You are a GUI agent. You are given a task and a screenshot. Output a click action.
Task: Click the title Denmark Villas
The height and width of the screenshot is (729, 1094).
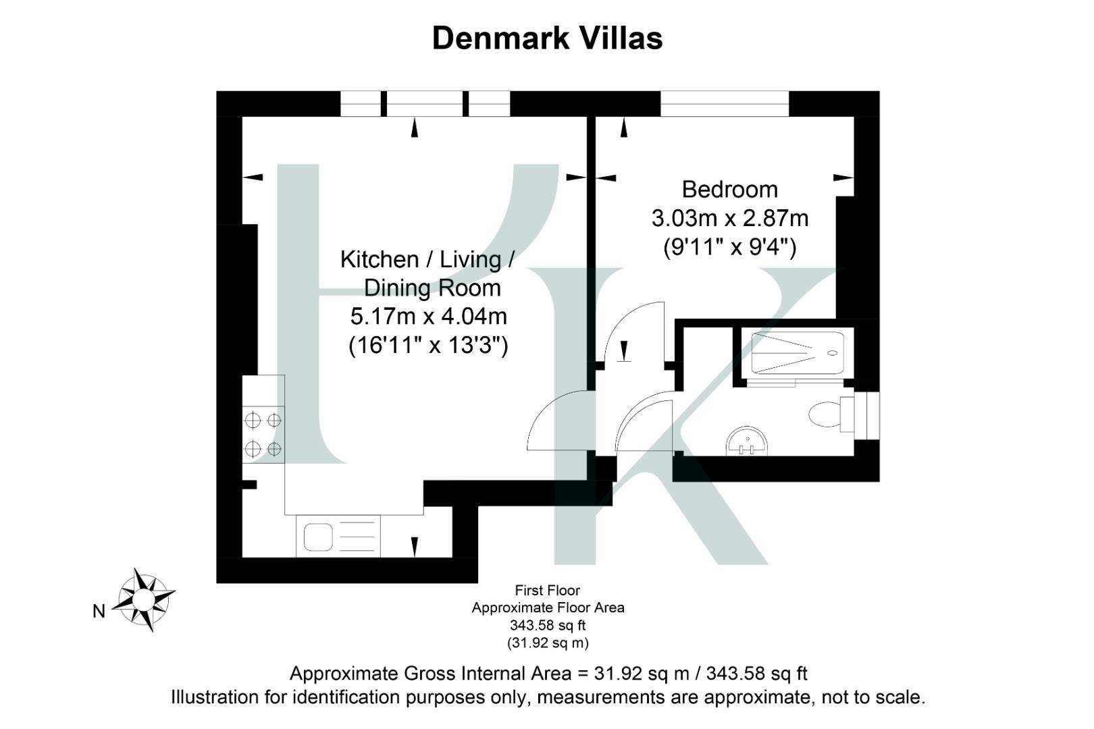point(547,38)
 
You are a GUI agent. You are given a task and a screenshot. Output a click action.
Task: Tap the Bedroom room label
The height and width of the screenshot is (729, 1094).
point(729,189)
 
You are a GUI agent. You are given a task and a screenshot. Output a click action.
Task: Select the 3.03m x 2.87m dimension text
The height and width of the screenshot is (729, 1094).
point(729,219)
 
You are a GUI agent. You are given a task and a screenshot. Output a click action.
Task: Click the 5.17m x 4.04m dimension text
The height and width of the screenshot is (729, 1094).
point(428,316)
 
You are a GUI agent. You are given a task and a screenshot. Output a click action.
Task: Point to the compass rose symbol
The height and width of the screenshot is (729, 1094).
point(143,599)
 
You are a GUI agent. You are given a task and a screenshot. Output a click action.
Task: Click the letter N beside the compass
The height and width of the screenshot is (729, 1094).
point(99,612)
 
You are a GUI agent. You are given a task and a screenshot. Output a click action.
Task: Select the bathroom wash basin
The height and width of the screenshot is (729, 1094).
point(746,442)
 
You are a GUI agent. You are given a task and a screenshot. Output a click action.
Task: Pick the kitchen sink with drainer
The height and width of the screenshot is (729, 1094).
point(338,537)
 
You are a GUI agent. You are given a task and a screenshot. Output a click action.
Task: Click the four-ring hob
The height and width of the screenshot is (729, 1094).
point(263,434)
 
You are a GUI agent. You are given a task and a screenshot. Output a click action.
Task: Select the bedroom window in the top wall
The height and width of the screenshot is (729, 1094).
point(724,104)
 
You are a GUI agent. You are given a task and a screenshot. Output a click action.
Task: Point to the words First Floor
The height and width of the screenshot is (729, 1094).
point(547,591)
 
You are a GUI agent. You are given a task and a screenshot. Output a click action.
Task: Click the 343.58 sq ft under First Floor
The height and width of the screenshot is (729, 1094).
point(547,626)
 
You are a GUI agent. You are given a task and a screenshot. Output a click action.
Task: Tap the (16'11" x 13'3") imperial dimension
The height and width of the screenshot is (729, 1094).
point(428,346)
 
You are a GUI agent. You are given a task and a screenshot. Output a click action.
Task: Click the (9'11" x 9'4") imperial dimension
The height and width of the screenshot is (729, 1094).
point(729,248)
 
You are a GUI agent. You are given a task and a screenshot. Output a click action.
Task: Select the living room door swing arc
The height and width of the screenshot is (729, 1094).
point(554,418)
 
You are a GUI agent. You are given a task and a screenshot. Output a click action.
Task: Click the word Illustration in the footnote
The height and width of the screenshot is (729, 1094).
point(230,697)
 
